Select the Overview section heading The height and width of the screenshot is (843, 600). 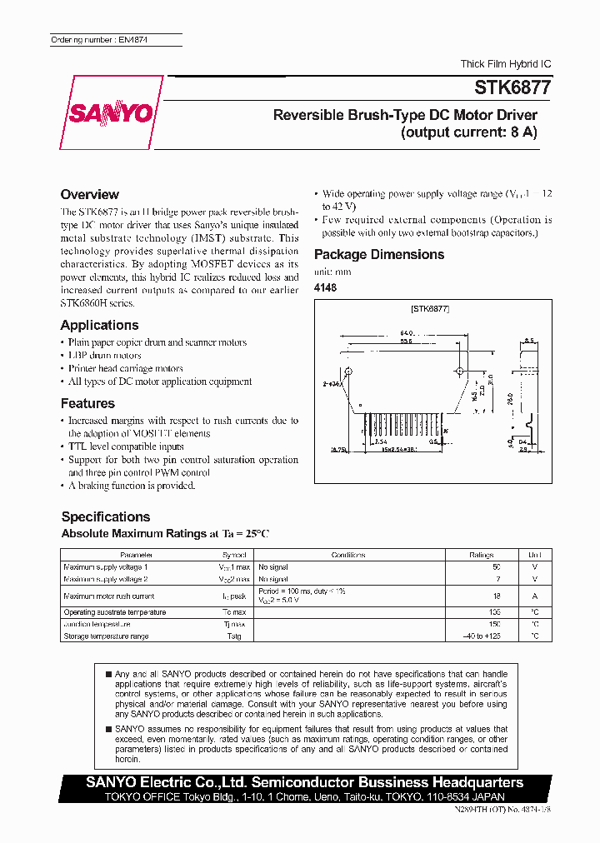[x=90, y=194]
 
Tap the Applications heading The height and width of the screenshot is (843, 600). [x=100, y=325]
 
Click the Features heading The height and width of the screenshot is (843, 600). [x=87, y=403]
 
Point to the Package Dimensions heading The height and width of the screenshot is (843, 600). [x=379, y=254]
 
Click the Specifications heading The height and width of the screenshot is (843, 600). [x=106, y=516]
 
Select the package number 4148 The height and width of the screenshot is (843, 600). [x=325, y=287]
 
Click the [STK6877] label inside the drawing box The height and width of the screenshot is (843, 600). [x=430, y=309]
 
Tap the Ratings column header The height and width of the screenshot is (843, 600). [x=481, y=555]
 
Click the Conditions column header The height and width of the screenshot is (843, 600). [x=348, y=555]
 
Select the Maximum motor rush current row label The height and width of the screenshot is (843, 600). [x=109, y=596]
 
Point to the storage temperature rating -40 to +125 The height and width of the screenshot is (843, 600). [x=482, y=636]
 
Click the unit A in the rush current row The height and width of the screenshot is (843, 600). [x=535, y=596]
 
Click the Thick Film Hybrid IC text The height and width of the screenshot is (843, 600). [x=506, y=64]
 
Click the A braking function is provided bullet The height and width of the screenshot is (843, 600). [x=131, y=485]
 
